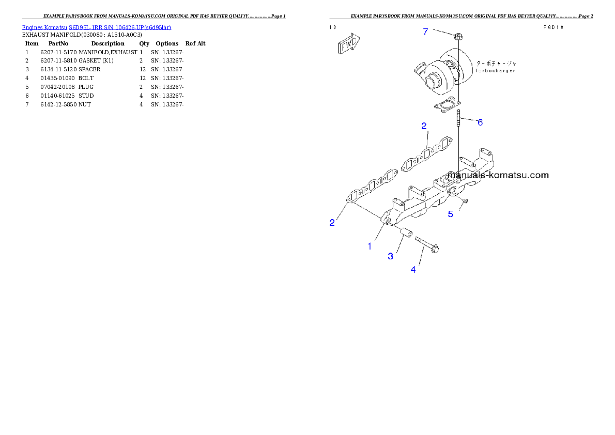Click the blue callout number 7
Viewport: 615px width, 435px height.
(425, 32)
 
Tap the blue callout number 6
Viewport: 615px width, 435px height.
(480, 122)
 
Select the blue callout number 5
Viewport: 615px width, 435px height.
(451, 213)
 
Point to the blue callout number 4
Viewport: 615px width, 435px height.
(413, 270)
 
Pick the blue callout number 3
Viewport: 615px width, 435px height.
(391, 256)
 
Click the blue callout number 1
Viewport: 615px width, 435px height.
(370, 246)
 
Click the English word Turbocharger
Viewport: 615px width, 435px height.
(495, 70)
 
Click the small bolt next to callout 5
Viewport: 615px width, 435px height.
(464, 200)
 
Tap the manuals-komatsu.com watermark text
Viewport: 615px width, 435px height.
(498, 175)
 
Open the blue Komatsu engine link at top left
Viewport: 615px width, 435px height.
(96, 27)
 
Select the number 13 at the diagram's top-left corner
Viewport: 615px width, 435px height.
(333, 27)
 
